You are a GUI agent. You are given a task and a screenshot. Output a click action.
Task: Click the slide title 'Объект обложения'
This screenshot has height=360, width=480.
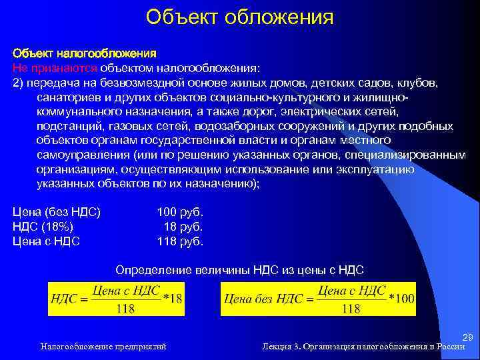pos(239,16)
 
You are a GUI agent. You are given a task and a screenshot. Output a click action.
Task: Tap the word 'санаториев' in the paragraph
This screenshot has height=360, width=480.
pos(66,97)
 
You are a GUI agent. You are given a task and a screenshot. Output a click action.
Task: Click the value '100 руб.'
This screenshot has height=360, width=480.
pos(180,213)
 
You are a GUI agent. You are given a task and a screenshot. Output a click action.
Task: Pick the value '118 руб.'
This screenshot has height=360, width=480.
pos(180,241)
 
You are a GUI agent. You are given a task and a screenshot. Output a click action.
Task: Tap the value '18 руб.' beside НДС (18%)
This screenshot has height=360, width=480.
pos(183,227)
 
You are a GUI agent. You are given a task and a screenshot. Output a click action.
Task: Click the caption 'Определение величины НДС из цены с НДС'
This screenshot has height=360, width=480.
pos(240,270)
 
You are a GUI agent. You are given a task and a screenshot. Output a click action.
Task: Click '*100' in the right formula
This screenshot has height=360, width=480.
pos(401,299)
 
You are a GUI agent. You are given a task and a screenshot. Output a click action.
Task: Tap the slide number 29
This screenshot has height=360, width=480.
pos(467,339)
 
